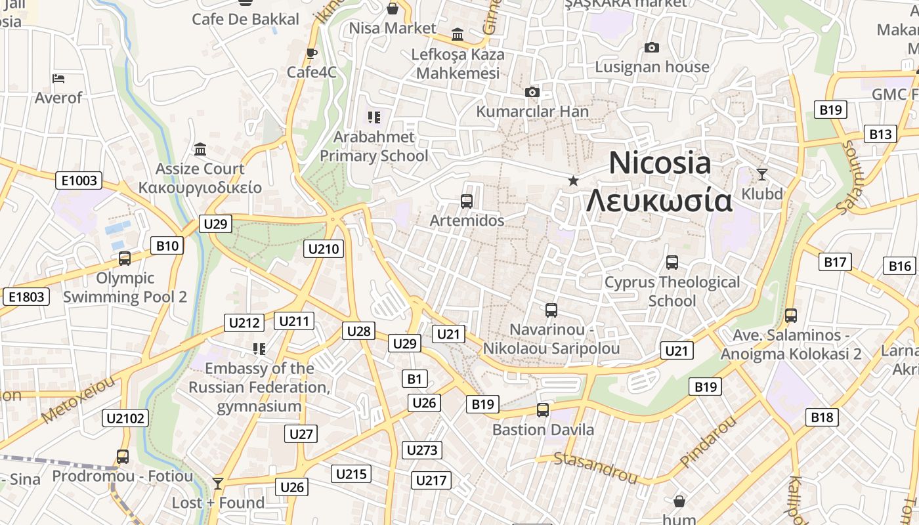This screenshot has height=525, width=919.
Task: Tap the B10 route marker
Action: (x=167, y=246)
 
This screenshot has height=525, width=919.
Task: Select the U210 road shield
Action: (x=324, y=249)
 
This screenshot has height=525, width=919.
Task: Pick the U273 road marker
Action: (x=421, y=450)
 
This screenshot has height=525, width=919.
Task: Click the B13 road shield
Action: (x=880, y=134)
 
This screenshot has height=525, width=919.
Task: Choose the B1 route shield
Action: (x=414, y=379)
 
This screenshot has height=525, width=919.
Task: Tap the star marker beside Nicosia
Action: (x=573, y=180)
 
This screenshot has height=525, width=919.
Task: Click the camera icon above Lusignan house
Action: (x=651, y=47)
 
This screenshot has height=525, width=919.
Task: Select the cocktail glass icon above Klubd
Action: (x=761, y=174)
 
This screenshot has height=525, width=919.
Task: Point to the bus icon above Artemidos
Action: (x=467, y=201)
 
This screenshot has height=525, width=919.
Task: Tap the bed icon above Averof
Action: (x=58, y=79)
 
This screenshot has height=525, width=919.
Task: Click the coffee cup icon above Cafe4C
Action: (x=312, y=53)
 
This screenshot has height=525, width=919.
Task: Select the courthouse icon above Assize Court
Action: (x=200, y=150)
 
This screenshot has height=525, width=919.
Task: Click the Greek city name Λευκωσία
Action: (x=658, y=200)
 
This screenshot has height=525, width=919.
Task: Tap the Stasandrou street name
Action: (x=595, y=467)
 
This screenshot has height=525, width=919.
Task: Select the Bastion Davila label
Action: (x=543, y=430)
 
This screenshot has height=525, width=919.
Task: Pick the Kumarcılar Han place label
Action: (x=532, y=111)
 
